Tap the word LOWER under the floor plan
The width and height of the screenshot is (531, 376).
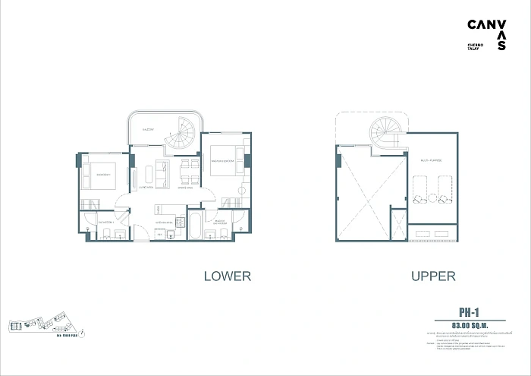(x=228, y=276)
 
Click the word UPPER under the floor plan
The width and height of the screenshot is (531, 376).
(x=433, y=276)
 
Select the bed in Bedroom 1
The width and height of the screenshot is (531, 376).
(x=100, y=175)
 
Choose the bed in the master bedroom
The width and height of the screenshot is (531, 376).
(x=225, y=160)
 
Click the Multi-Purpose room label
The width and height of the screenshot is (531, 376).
(x=431, y=161)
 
